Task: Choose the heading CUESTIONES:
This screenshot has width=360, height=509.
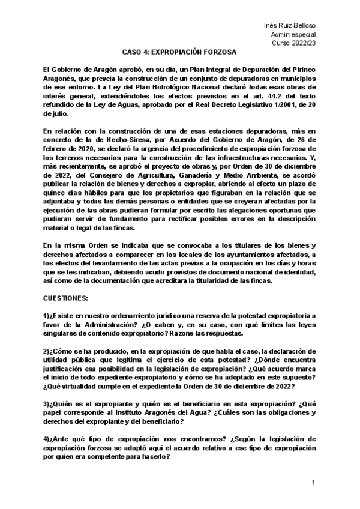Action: [66, 298]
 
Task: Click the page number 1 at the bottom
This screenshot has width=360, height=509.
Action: [313, 483]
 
